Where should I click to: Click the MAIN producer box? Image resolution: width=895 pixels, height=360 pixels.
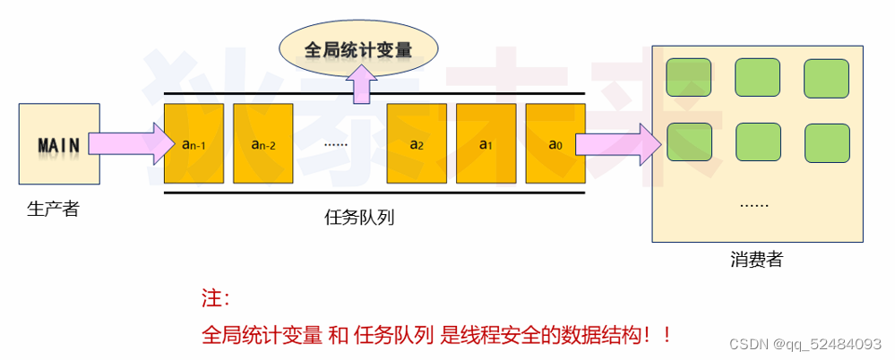pyautogui.click(x=54, y=144)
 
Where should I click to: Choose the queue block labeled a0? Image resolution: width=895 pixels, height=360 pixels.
pyautogui.click(x=554, y=144)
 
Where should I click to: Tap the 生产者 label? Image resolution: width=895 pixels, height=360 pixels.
pyautogui.click(x=54, y=210)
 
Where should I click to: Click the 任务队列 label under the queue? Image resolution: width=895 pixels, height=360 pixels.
pyautogui.click(x=360, y=217)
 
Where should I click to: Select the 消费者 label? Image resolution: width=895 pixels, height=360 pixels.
pyautogui.click(x=756, y=260)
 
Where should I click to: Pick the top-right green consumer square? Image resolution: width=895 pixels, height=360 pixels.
pyautogui.click(x=825, y=78)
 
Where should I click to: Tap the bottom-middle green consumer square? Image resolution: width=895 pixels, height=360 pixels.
pyautogui.click(x=757, y=142)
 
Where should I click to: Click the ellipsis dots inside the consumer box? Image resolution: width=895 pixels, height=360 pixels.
pyautogui.click(x=754, y=205)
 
